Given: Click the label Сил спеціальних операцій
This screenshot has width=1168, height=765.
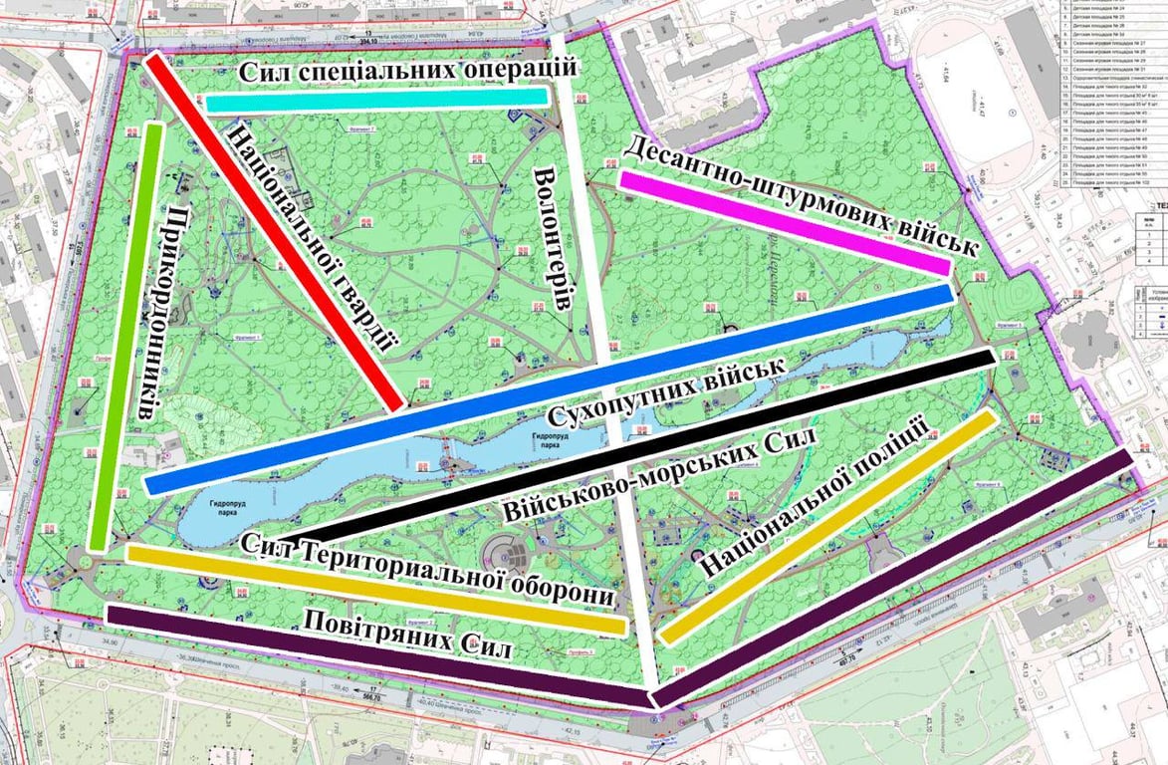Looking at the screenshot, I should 408,71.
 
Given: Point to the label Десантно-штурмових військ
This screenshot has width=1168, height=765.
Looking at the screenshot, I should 797,195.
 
